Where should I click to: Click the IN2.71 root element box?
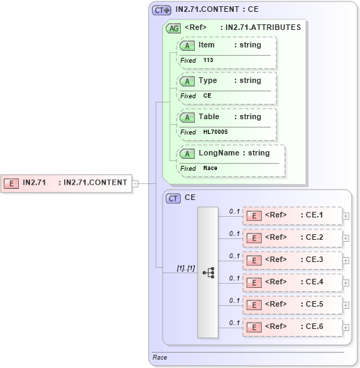[67, 183]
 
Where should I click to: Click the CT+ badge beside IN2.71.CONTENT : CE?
[161, 10]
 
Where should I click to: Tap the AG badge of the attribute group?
[172, 29]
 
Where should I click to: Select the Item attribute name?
[207, 45]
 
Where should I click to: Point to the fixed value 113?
[209, 61]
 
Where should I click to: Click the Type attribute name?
[208, 81]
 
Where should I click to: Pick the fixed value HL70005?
[216, 132]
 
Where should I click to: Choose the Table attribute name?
[209, 117]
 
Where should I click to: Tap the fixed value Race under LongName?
[210, 168]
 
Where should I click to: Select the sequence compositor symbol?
[208, 273]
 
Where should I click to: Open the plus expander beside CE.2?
[346, 238]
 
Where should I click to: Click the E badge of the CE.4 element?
[255, 282]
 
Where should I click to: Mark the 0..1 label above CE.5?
[234, 300]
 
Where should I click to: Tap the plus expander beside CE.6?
[346, 328]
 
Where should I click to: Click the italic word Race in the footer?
[160, 358]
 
